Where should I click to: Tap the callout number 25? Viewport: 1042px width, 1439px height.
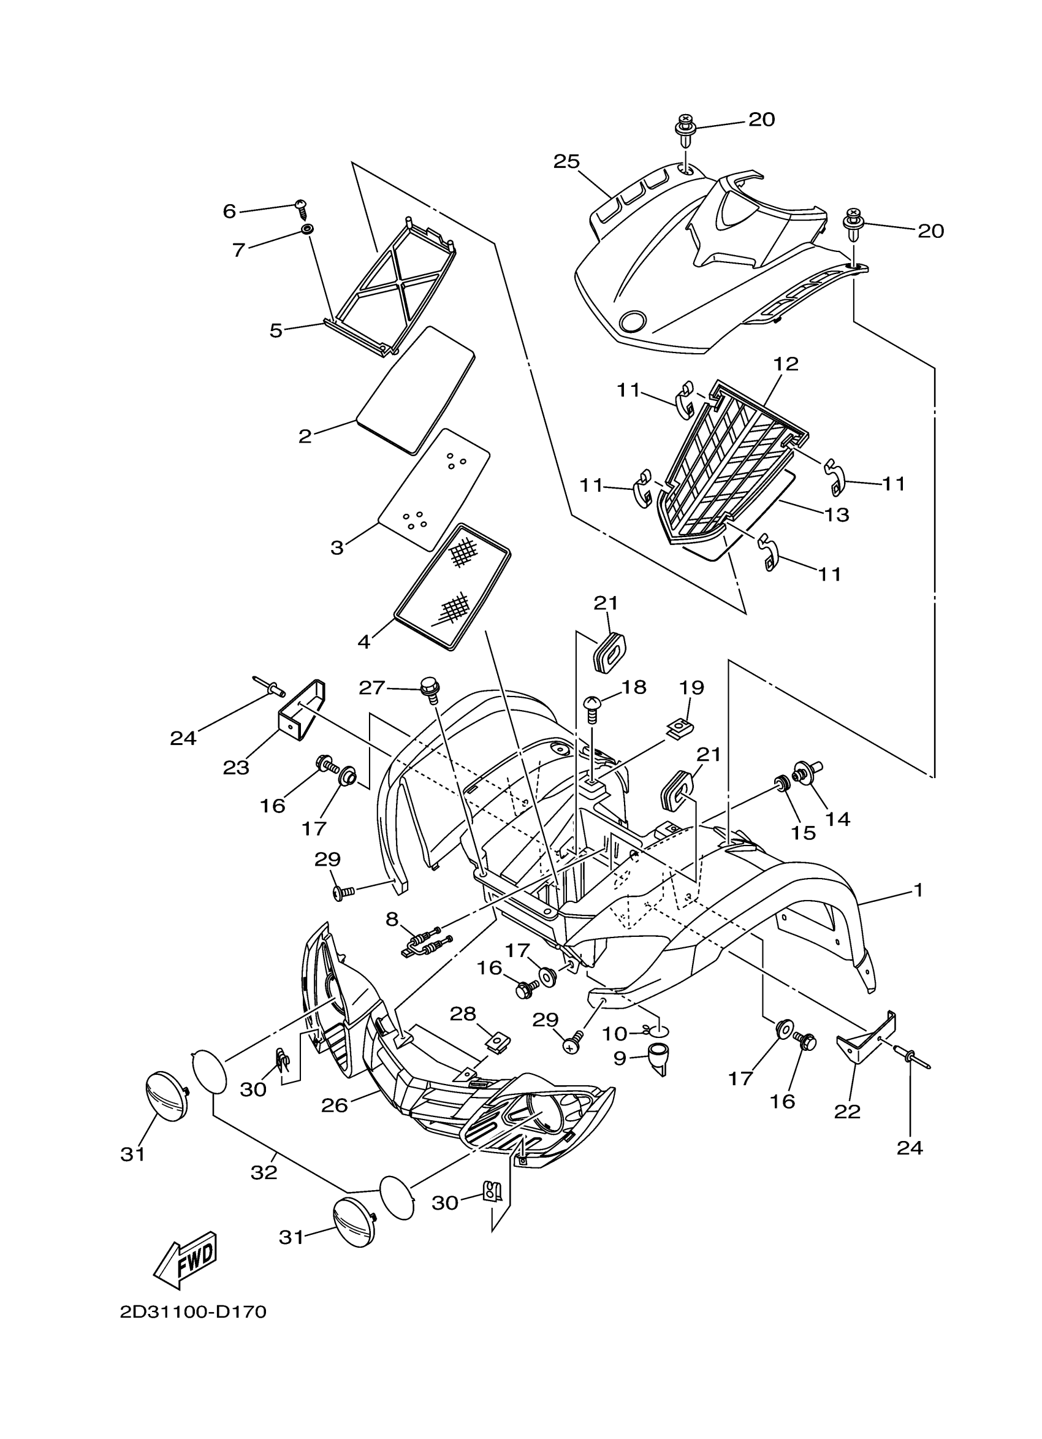tap(566, 162)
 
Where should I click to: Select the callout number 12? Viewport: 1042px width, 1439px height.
tap(786, 364)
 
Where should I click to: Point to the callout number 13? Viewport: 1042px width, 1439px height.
tap(836, 514)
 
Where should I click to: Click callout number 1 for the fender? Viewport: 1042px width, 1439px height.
tap(918, 890)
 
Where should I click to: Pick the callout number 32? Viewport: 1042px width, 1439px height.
tap(264, 1173)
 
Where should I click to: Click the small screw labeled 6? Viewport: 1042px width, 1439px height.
tap(300, 205)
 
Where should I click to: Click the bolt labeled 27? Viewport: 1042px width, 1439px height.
tap(431, 689)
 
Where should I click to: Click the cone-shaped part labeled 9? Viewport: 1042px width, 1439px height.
tap(658, 1058)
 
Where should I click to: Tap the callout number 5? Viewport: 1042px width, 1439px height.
tap(276, 330)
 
